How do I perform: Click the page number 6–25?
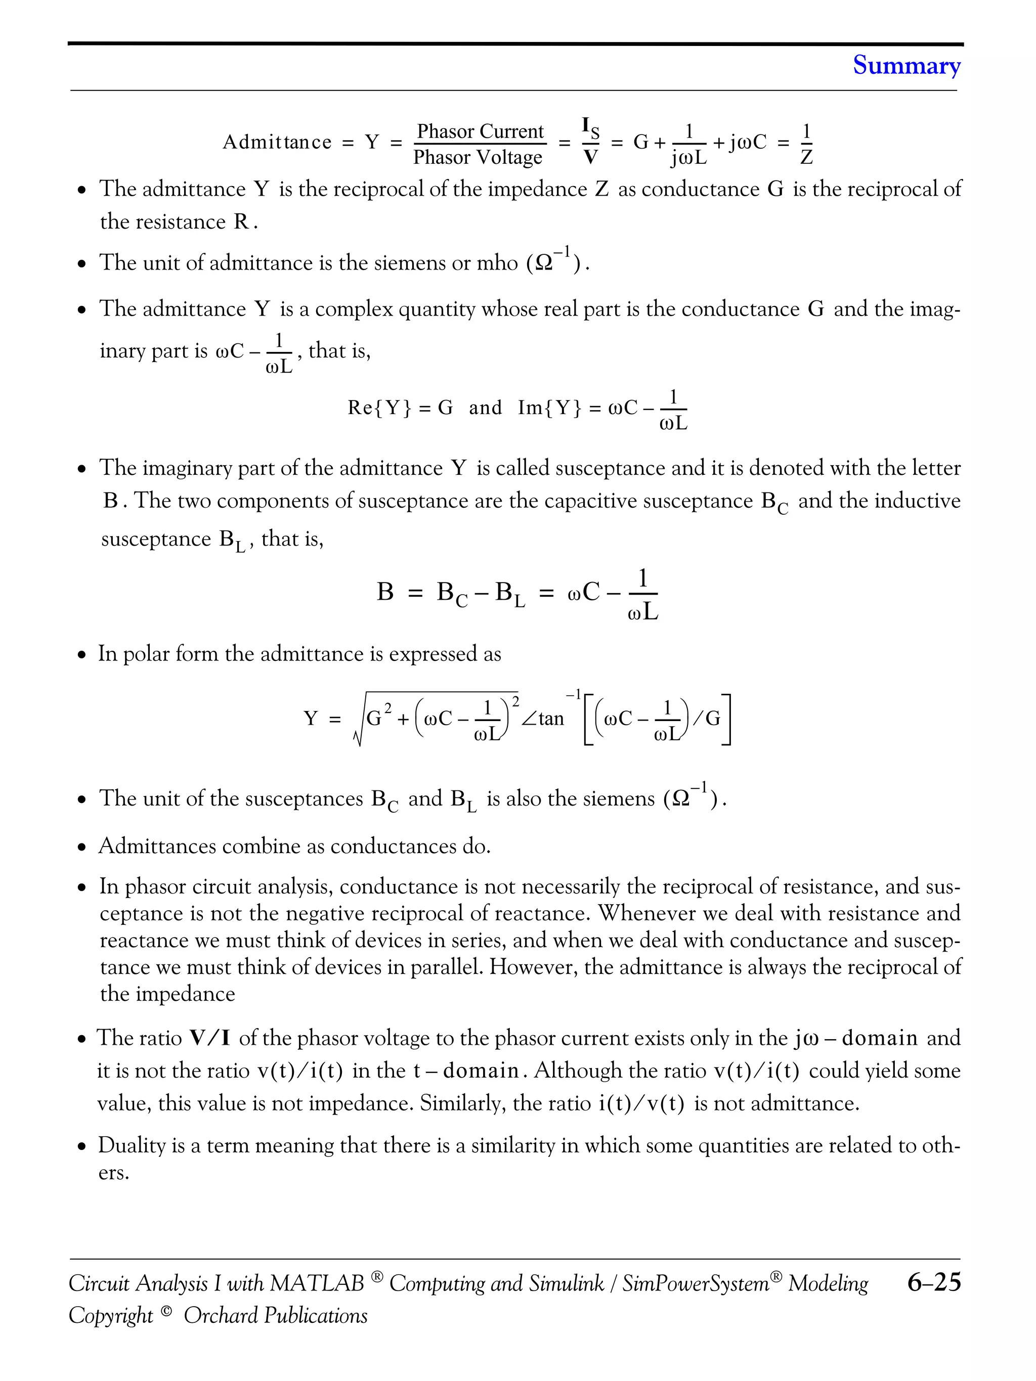[934, 1283]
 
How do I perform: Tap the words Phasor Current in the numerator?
[480, 132]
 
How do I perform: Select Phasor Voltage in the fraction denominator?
[478, 157]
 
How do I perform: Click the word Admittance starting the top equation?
[277, 142]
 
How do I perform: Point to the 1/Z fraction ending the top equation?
[806, 144]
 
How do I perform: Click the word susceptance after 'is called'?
[610, 468]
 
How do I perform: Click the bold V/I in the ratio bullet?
[210, 1038]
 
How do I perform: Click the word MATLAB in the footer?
[317, 1283]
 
